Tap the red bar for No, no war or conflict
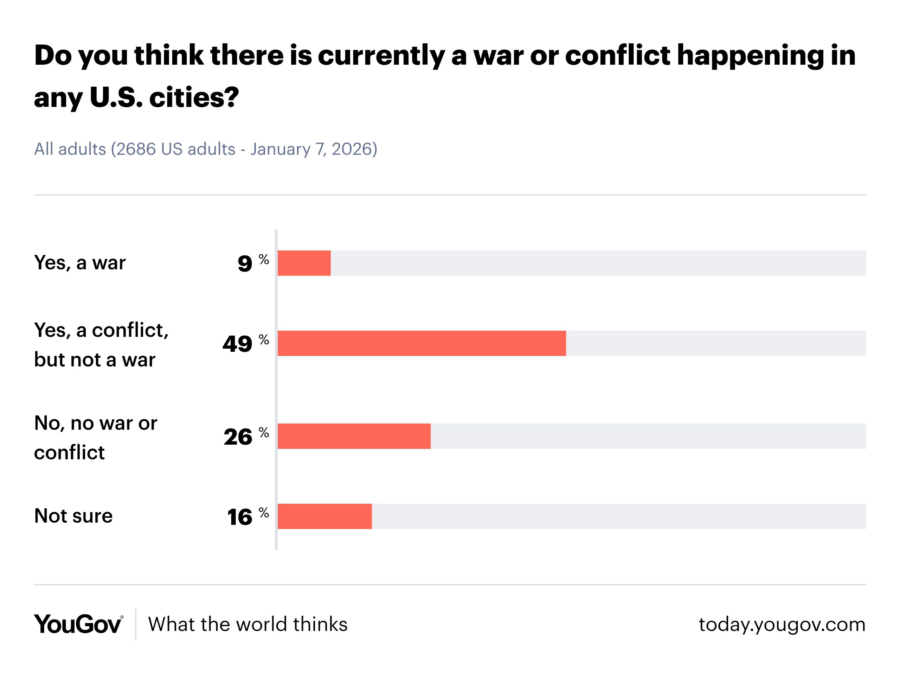point(354,436)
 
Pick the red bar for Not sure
point(325,516)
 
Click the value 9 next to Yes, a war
point(245,263)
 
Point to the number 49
point(237,344)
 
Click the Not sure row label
point(73,516)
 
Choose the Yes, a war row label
point(80,262)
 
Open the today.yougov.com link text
point(782,624)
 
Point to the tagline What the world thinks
point(248,624)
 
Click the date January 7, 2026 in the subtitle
point(313,149)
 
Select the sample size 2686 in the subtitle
point(135,149)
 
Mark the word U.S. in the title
point(116,98)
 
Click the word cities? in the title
point(194,98)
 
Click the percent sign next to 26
point(264,432)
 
